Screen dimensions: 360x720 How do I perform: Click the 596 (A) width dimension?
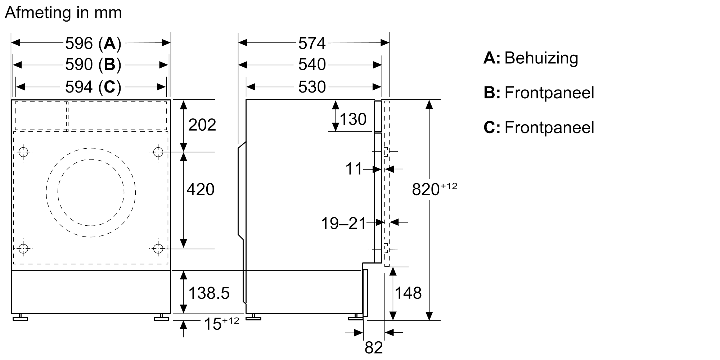click(x=93, y=44)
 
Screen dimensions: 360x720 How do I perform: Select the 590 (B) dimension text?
click(x=93, y=65)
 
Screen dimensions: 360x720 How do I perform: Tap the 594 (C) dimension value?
click(x=93, y=87)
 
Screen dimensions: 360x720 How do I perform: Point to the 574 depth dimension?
click(x=312, y=44)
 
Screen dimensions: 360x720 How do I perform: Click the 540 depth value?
click(x=312, y=65)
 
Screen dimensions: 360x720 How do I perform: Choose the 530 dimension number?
click(x=312, y=87)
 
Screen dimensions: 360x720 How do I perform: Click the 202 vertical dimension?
click(x=202, y=125)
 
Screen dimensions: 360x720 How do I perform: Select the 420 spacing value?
click(x=200, y=189)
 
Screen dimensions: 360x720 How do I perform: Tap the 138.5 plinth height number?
click(x=209, y=293)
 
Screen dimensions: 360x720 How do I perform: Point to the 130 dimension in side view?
click(x=353, y=119)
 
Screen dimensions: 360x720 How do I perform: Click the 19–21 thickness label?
click(x=343, y=224)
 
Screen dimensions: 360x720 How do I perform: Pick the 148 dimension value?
click(x=408, y=293)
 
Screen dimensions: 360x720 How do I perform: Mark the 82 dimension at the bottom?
click(x=374, y=348)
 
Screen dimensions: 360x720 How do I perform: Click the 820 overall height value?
click(x=426, y=189)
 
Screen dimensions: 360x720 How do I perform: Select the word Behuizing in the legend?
click(x=541, y=58)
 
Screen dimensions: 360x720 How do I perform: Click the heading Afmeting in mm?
click(x=63, y=13)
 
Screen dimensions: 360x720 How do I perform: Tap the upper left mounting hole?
click(x=23, y=152)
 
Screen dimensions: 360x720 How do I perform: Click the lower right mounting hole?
click(x=158, y=248)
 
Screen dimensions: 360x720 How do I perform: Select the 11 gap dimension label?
click(x=354, y=169)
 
